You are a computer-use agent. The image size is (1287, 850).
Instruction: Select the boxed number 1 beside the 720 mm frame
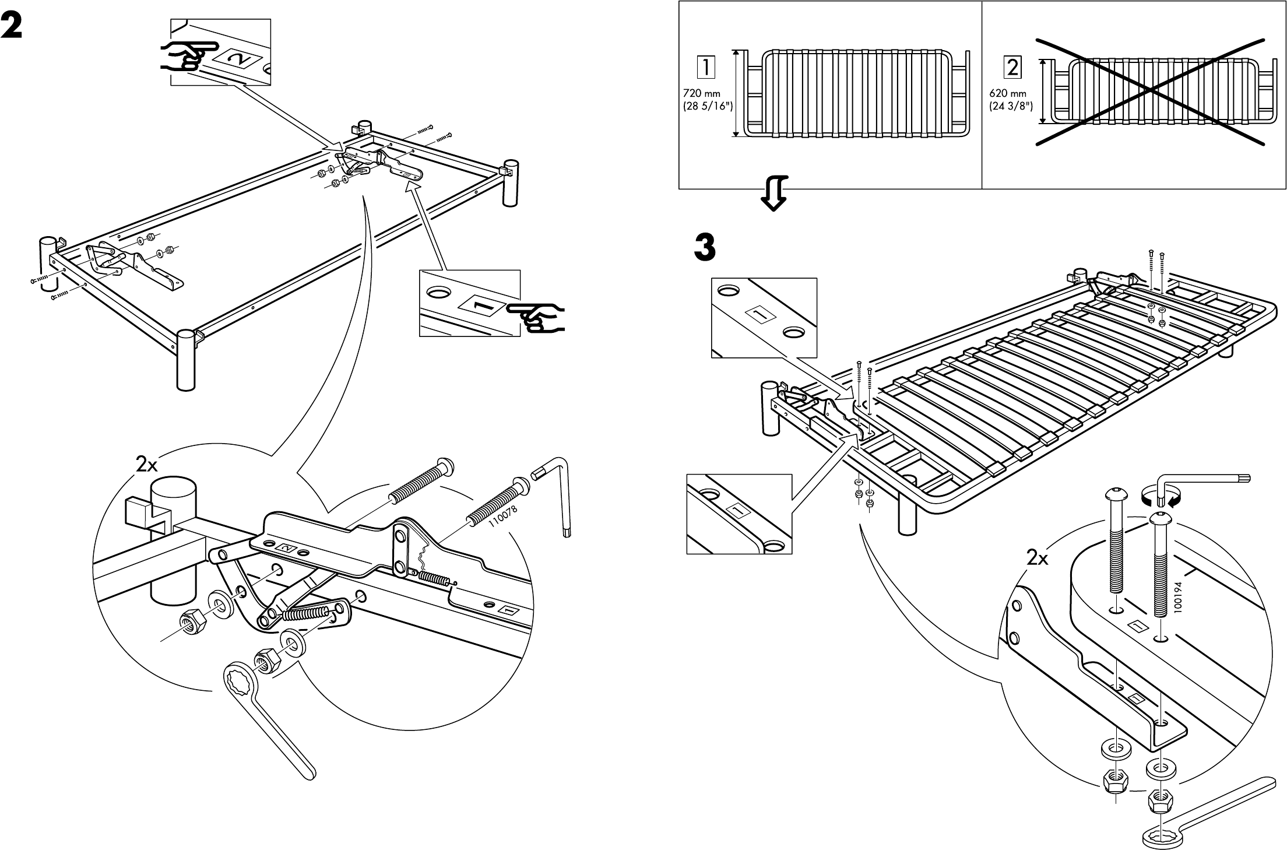(705, 68)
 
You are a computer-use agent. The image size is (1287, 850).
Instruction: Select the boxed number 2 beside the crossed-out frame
(1012, 68)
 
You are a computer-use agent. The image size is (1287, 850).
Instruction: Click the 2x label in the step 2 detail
(146, 464)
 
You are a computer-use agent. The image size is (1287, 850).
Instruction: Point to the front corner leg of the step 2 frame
(185, 359)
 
